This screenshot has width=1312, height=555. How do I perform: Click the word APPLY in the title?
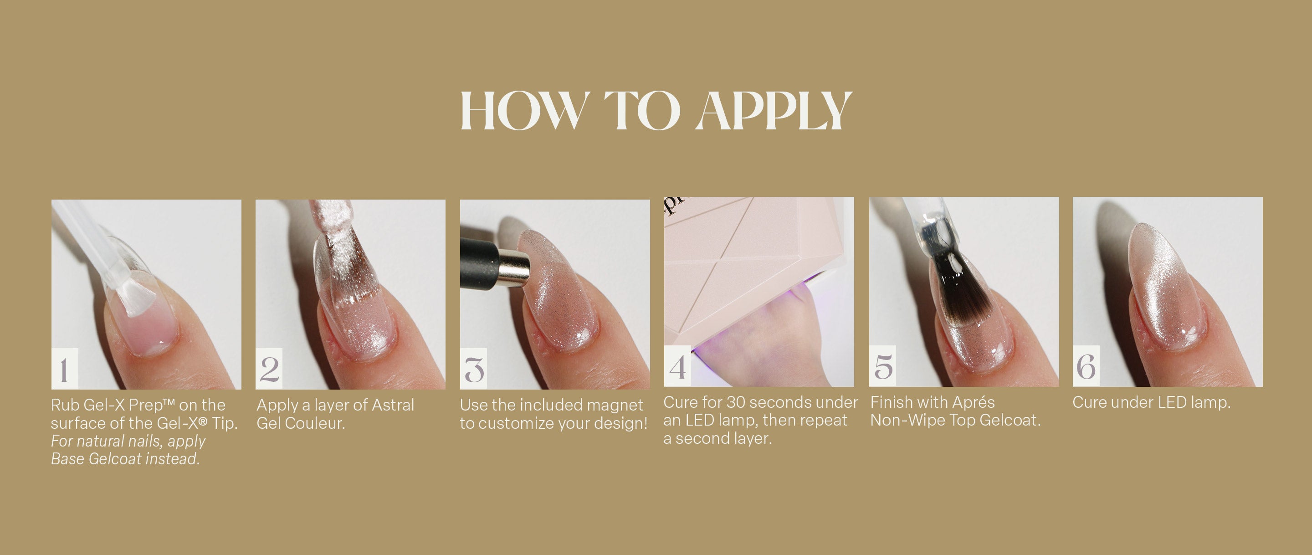point(774,111)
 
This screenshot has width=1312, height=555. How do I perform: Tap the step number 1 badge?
point(65,369)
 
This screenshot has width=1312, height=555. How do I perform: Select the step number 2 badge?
point(269,369)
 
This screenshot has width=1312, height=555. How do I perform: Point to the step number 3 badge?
point(474,369)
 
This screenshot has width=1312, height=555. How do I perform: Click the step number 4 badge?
point(677,366)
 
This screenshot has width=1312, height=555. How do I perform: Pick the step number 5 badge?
point(883,366)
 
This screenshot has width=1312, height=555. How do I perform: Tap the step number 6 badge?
point(1086,366)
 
